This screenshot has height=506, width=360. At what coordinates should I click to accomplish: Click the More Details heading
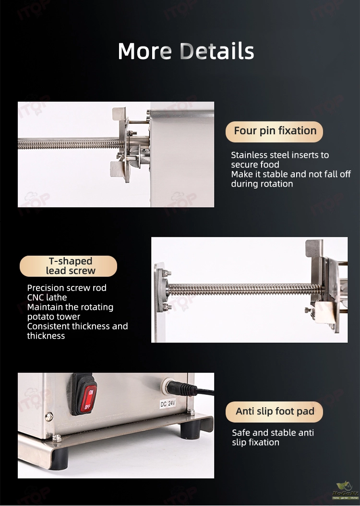(186, 51)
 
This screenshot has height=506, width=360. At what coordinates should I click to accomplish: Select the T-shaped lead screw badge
(69, 266)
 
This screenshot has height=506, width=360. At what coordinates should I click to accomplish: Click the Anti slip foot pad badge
(274, 412)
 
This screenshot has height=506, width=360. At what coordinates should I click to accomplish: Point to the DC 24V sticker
(168, 403)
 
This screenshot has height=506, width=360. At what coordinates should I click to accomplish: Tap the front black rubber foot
(59, 459)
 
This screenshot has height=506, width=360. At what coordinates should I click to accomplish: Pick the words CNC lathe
(47, 297)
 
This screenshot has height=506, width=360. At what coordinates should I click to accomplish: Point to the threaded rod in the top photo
(71, 143)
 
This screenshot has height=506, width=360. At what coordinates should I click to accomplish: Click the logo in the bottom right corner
(345, 491)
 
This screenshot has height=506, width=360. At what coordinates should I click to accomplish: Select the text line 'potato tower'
(54, 317)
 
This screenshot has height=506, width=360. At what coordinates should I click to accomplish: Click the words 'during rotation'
(262, 184)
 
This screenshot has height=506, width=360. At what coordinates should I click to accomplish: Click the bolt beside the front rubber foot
(57, 438)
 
